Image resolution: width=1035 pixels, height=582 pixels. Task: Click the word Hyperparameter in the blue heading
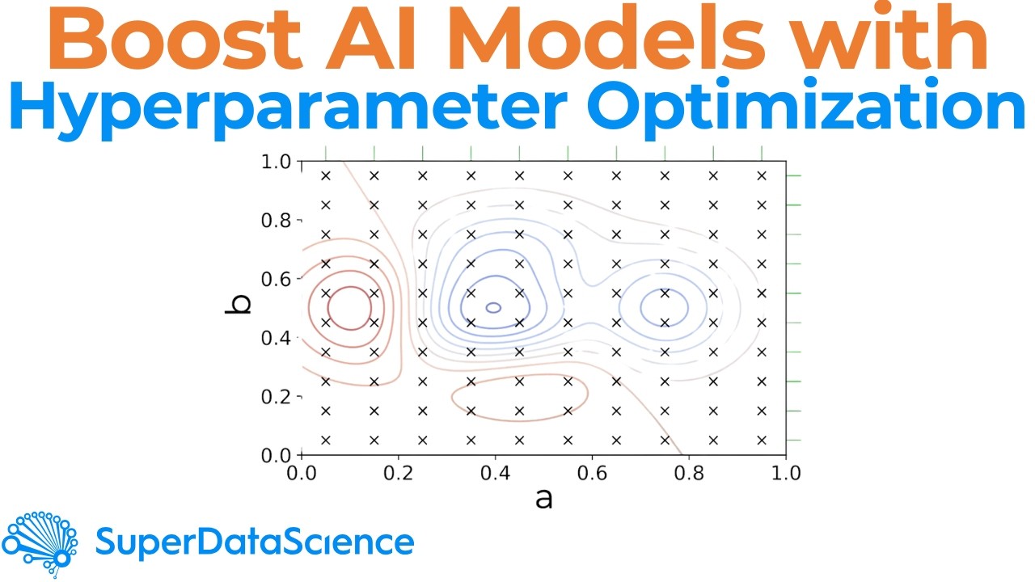[x=275, y=109]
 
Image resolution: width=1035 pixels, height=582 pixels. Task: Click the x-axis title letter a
[x=544, y=499]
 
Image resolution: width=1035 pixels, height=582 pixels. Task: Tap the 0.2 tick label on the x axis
[x=398, y=472]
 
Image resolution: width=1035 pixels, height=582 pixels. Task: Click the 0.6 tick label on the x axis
[x=592, y=472]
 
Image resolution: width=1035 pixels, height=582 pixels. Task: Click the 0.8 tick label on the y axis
[x=277, y=220]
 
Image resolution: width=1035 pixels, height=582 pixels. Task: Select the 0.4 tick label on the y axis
[x=277, y=337]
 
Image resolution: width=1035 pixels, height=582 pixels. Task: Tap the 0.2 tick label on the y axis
[x=277, y=396]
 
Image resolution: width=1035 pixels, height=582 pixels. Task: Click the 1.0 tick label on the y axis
[x=277, y=162]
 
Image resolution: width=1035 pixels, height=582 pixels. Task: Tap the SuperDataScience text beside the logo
[x=255, y=542]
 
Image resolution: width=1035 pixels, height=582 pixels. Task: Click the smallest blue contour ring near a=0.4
[x=493, y=307]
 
